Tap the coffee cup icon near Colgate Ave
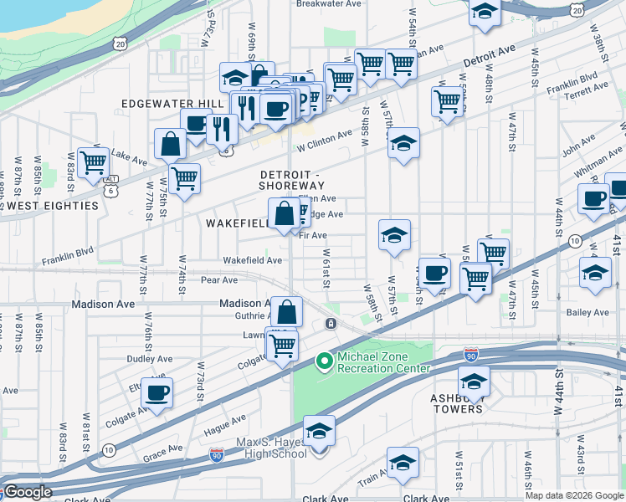156,391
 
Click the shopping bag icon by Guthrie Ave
286,311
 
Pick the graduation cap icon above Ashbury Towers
475,381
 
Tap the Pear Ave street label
219,279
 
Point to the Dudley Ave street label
149,358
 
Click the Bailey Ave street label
588,312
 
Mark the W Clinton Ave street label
325,139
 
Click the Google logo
28,493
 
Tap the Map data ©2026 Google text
575,495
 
